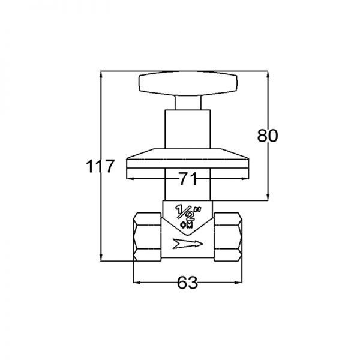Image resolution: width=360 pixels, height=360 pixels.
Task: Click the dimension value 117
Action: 100,166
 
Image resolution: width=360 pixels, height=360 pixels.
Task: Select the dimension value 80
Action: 268,136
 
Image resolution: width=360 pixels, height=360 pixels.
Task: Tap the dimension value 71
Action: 188,179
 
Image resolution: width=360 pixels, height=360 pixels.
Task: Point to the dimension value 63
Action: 187,283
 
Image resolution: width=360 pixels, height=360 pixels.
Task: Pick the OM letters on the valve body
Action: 187,225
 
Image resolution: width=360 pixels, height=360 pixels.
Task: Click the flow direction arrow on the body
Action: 188,244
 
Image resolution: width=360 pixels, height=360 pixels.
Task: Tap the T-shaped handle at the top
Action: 188,83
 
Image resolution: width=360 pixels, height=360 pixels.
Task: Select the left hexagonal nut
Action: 148,237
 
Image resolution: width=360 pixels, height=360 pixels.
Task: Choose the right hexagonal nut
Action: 228,237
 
